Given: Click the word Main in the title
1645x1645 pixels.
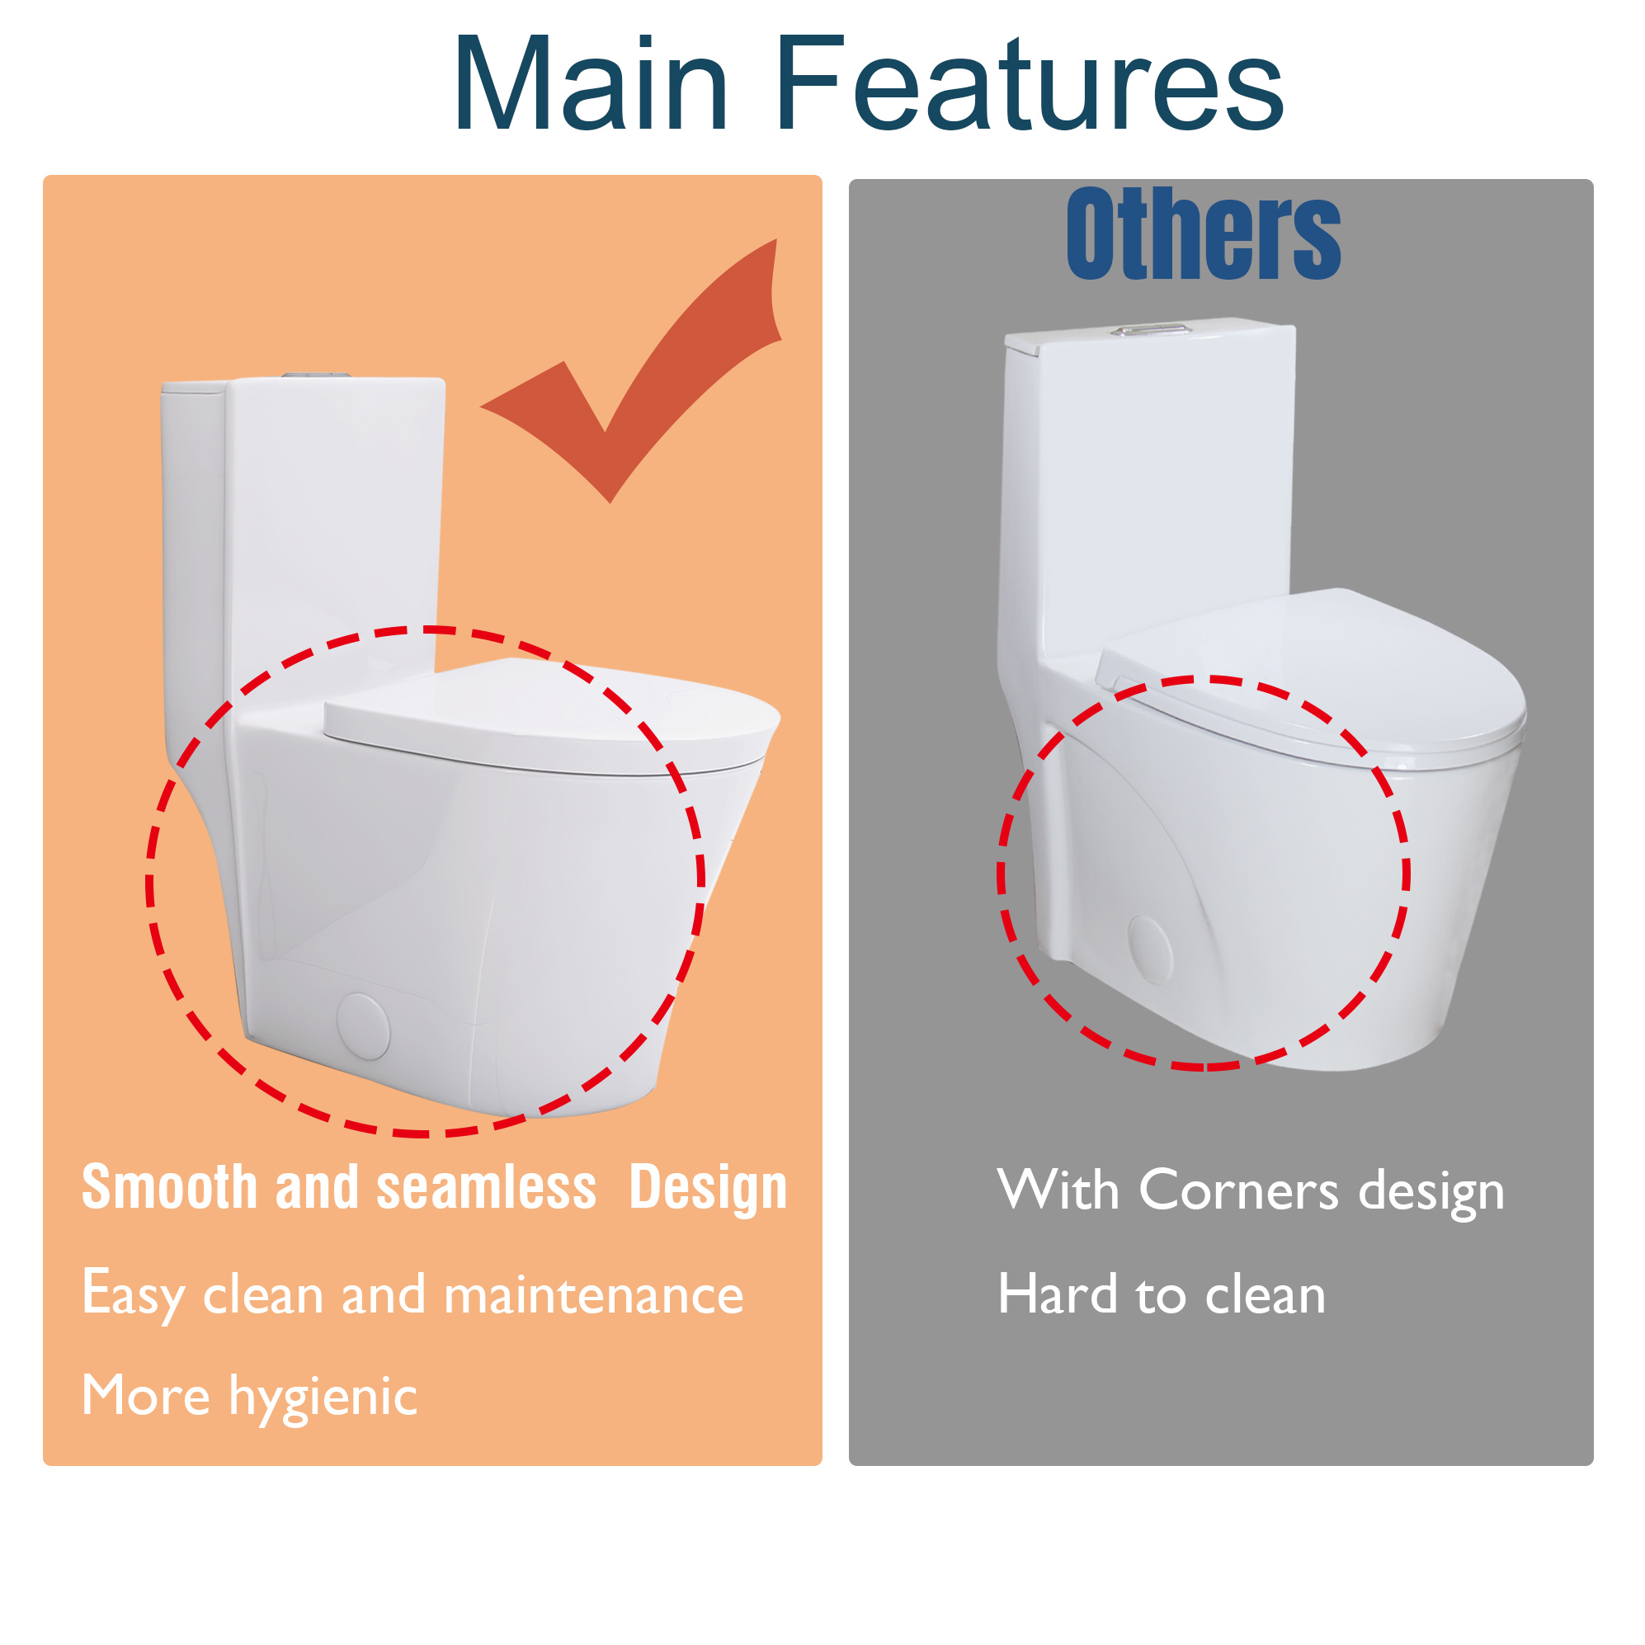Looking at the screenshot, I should tap(590, 85).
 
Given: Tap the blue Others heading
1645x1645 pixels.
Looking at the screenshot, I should tap(1202, 234).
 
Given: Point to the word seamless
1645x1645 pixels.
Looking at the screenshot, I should tap(486, 1188).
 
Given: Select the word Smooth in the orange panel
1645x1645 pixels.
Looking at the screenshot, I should tap(169, 1188).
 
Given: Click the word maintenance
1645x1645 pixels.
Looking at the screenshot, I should tap(593, 1296).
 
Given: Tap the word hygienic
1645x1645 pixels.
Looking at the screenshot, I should tap(323, 1398).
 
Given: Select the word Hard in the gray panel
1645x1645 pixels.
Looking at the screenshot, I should tap(1057, 1295).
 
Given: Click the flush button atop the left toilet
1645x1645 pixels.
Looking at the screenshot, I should tap(316, 375).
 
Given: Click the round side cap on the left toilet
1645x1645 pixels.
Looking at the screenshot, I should tap(364, 1026).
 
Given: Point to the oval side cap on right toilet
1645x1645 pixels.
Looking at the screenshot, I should tap(1150, 950).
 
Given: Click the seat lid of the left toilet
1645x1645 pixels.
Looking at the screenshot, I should tap(554, 715).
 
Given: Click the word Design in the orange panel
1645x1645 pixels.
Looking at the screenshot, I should tap(708, 1188).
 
